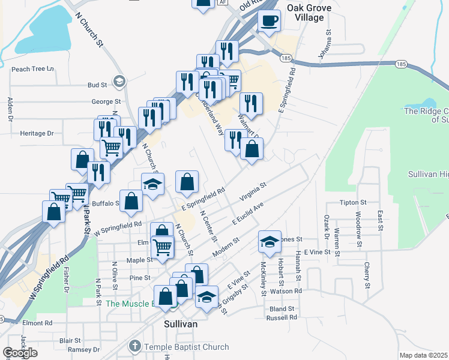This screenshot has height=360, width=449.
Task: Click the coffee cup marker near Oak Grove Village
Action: (x=269, y=20)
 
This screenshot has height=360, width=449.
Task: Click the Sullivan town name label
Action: (x=181, y=323)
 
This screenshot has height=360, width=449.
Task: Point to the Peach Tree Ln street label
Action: (x=32, y=69)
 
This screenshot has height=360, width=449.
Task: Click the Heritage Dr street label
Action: (x=37, y=133)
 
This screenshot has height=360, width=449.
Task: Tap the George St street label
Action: (x=106, y=101)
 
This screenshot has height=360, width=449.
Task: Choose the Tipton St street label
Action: (x=353, y=203)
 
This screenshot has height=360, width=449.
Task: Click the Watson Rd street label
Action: (x=290, y=291)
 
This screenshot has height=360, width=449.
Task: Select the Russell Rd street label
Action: (x=282, y=317)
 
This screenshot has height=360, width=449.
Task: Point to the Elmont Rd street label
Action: (x=37, y=323)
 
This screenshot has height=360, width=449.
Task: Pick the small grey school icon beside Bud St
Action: (x=119, y=82)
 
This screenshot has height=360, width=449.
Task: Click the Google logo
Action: (x=20, y=353)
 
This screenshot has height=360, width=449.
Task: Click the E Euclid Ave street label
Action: (x=248, y=214)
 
